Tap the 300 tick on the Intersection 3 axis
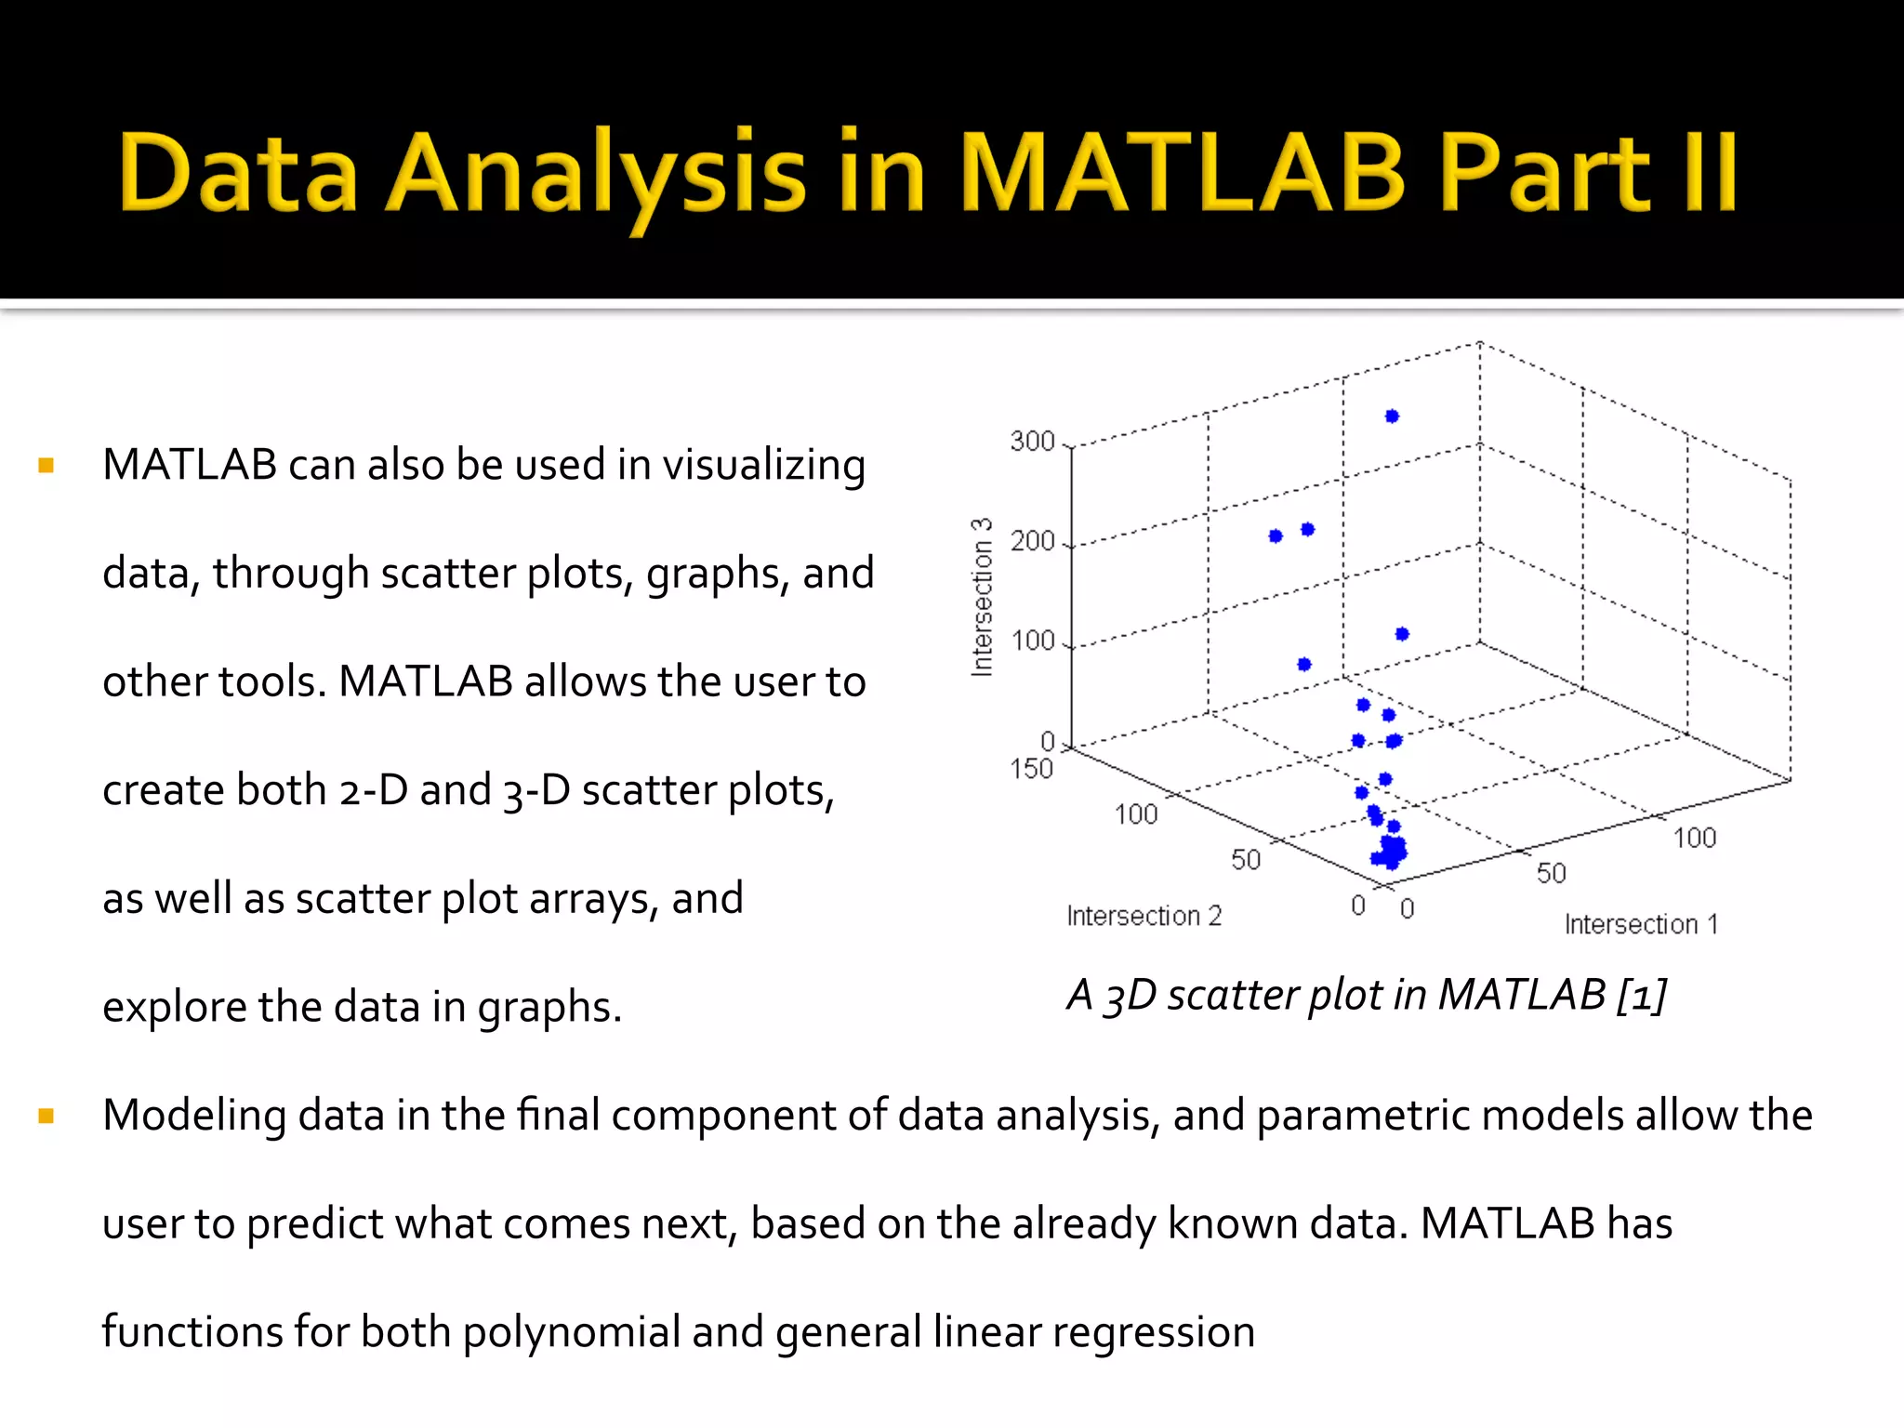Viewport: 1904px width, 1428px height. point(1033,441)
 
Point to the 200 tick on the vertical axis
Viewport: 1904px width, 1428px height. point(1033,541)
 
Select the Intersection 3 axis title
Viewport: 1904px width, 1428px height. point(982,597)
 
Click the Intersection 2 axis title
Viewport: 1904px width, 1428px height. point(1144,916)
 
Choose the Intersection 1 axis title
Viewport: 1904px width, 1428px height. point(1641,924)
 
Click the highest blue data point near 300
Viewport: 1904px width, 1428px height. point(1392,416)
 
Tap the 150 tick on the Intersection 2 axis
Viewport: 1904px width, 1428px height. point(1031,769)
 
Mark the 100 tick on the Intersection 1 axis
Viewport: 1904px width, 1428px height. point(1694,838)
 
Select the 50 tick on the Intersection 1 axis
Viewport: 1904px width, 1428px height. point(1551,873)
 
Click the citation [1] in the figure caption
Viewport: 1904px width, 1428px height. point(1642,996)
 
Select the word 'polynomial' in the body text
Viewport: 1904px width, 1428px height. point(571,1332)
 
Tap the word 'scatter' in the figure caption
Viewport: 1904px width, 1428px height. point(1231,996)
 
